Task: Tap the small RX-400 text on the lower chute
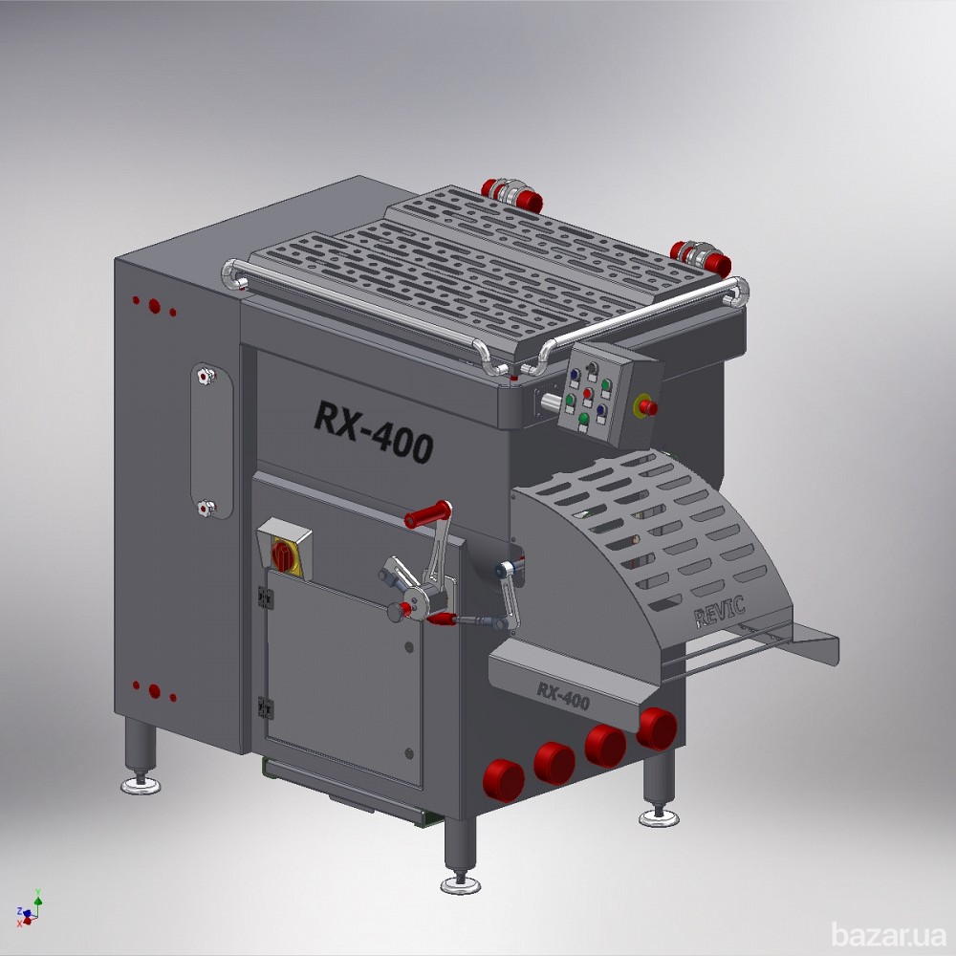coord(563,696)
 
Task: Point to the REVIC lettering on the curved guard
coord(720,612)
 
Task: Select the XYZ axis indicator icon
coord(30,909)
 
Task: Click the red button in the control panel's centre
coord(588,393)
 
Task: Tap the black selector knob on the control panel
coord(592,368)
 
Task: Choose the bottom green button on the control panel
coord(583,419)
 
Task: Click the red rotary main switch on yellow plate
coord(283,555)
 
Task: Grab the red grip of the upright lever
coord(425,514)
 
